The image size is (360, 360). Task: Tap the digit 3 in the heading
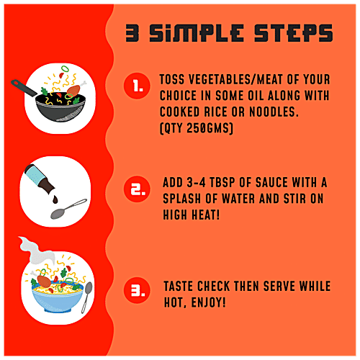tap(132, 33)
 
